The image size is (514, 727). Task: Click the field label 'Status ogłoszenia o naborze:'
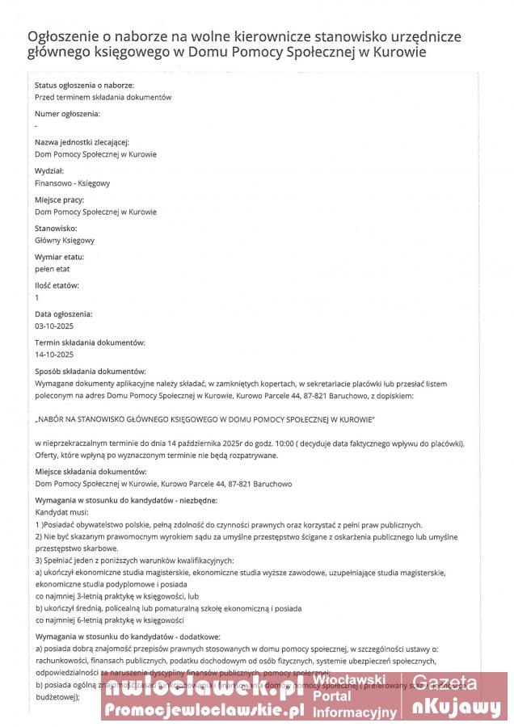pyautogui.click(x=84, y=85)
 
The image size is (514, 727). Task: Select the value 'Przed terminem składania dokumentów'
pyautogui.click(x=103, y=97)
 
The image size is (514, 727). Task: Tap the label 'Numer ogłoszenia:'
pyautogui.click(x=67, y=113)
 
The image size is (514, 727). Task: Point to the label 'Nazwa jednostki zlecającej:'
pyautogui.click(x=82, y=142)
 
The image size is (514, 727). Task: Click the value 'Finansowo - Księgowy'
pyautogui.click(x=73, y=183)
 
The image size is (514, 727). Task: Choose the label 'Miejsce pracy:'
pyautogui.click(x=60, y=200)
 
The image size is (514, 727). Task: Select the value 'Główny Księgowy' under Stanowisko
pyautogui.click(x=65, y=241)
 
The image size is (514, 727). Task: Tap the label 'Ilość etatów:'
pyautogui.click(x=57, y=285)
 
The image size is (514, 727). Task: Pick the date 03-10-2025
pyautogui.click(x=54, y=326)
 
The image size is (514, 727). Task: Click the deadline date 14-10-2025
pyautogui.click(x=54, y=355)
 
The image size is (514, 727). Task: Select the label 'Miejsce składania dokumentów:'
pyautogui.click(x=90, y=472)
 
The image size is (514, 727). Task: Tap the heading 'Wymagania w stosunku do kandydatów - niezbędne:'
pyautogui.click(x=125, y=501)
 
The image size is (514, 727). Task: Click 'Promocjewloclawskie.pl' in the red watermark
pyautogui.click(x=204, y=710)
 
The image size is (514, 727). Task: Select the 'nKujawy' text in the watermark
pyautogui.click(x=457, y=708)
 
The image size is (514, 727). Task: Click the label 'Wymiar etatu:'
pyautogui.click(x=59, y=257)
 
